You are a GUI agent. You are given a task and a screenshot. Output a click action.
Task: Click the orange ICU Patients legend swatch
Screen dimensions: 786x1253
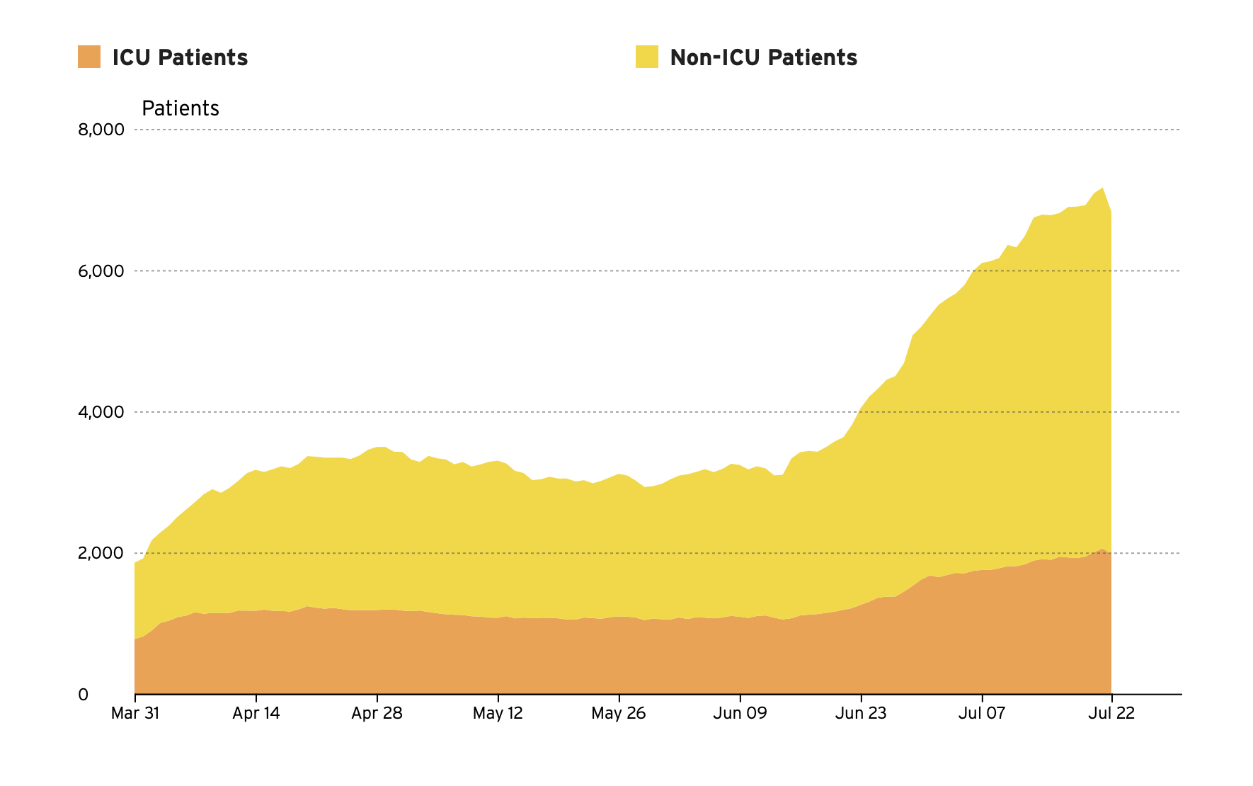click(x=89, y=57)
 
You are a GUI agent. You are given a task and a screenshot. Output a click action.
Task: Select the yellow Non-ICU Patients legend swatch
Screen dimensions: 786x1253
click(x=646, y=57)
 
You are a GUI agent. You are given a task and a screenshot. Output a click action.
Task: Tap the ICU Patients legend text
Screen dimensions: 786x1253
click(x=180, y=57)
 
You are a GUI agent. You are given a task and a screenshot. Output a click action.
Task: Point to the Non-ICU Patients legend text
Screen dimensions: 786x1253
click(x=763, y=57)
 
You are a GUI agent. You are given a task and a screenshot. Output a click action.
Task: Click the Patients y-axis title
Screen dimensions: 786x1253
click(x=181, y=108)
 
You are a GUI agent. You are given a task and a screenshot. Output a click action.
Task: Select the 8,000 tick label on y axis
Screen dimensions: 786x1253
click(x=101, y=130)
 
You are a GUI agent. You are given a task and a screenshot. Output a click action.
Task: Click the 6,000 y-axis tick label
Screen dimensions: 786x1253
click(x=101, y=271)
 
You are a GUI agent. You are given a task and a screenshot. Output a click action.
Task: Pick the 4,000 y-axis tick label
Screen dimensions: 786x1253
click(x=101, y=412)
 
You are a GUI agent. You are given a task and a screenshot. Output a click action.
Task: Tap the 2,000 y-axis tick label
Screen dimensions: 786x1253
click(x=101, y=553)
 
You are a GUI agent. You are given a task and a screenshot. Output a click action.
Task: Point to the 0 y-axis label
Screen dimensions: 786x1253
click(x=83, y=695)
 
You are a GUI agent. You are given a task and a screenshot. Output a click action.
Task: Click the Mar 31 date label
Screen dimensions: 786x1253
click(x=135, y=713)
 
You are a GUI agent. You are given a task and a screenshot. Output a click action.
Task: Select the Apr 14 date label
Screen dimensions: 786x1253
click(x=256, y=713)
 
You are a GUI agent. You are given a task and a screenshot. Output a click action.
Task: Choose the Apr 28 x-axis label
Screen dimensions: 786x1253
click(x=377, y=713)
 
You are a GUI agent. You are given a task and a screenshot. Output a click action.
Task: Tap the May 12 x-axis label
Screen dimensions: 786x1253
click(x=498, y=713)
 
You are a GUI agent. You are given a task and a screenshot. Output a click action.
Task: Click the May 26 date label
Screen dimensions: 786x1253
click(x=619, y=713)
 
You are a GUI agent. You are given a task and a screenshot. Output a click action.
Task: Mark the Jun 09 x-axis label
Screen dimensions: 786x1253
click(x=740, y=713)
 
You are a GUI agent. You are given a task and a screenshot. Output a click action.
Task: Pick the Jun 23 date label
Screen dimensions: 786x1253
click(x=861, y=713)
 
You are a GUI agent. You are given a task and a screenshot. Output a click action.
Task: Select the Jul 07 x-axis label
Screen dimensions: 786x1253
click(x=982, y=713)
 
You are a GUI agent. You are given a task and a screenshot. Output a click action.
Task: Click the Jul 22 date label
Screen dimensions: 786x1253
click(x=1111, y=713)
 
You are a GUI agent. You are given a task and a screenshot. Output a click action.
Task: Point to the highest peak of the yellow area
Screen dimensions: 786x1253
click(x=1103, y=189)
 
